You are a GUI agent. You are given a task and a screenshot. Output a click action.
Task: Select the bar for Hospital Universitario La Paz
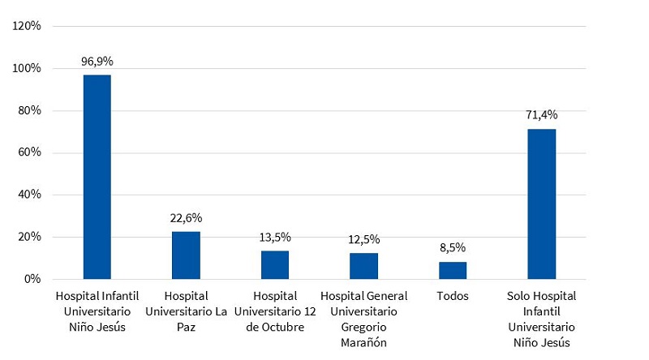tap(186, 255)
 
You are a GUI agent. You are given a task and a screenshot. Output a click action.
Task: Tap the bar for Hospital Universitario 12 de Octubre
tap(275, 265)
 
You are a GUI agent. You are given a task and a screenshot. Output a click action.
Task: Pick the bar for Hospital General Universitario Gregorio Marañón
tap(363, 266)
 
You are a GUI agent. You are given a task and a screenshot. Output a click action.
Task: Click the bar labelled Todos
tap(453, 270)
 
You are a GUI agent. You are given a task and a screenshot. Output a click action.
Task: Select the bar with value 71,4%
tap(542, 204)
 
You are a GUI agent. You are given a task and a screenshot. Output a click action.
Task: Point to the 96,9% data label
tap(97, 61)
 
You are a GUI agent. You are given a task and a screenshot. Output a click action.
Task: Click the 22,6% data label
tap(186, 217)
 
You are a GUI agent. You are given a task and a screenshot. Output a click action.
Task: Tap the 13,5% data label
tap(275, 237)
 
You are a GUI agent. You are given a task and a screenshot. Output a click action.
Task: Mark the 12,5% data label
tap(363, 239)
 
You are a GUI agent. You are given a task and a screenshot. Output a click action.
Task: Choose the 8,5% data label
tap(453, 247)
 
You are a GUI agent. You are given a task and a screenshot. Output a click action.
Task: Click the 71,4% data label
tap(542, 115)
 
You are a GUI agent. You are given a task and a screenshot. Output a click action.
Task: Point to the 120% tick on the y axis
tap(28, 26)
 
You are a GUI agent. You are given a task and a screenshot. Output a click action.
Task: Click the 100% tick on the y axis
tap(28, 68)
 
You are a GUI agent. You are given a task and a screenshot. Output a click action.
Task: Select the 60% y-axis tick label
tap(30, 152)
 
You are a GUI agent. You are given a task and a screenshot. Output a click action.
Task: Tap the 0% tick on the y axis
tap(32, 279)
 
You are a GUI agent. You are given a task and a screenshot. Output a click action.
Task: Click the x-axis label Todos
tap(453, 296)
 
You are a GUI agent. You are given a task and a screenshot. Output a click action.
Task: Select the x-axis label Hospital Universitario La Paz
tap(186, 311)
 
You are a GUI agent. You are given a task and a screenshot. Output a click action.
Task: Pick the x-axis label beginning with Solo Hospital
tap(542, 319)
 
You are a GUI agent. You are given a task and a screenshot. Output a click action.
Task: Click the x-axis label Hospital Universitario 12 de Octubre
tap(275, 311)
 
